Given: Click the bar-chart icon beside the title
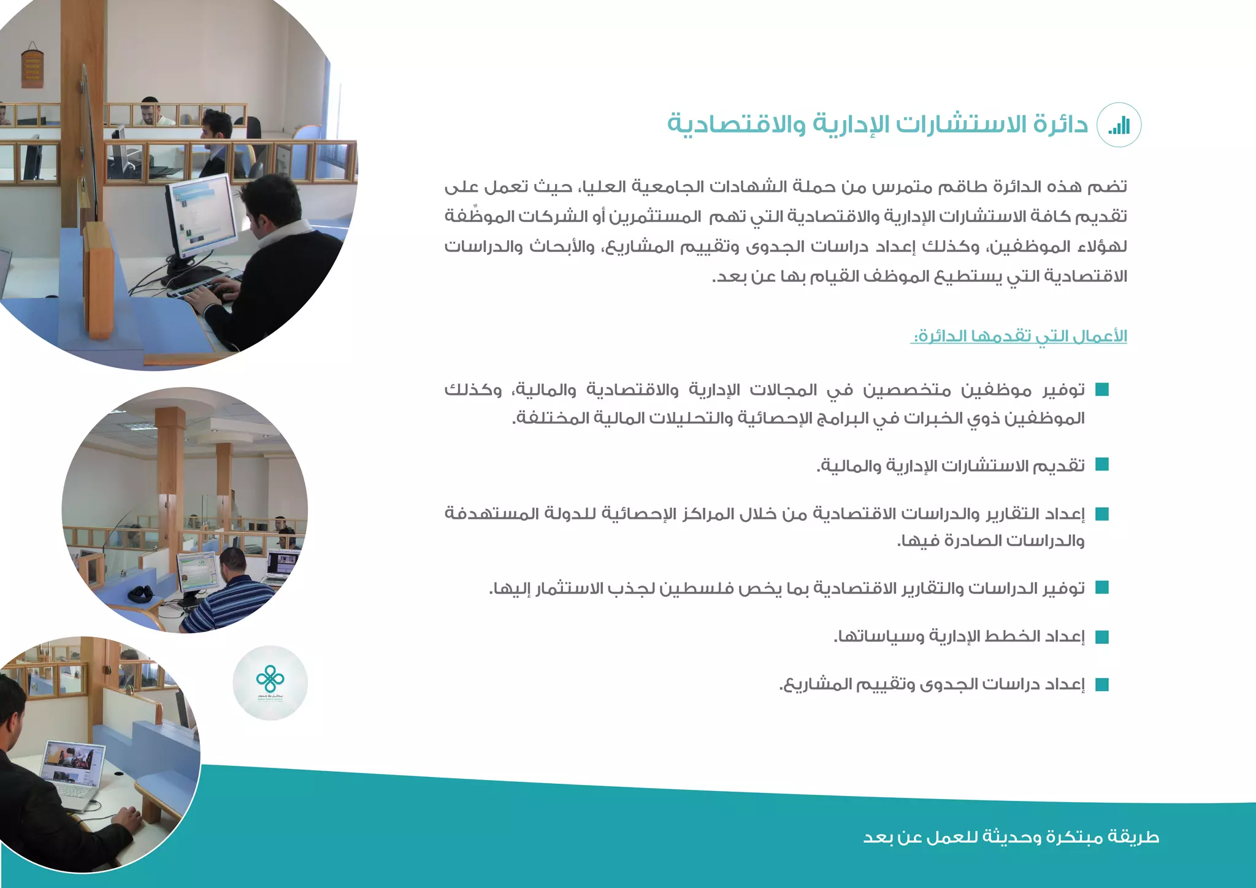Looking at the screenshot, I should click(1119, 125).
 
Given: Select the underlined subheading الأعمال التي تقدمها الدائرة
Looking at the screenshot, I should click(1019, 337).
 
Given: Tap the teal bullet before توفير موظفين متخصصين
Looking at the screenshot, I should click(1102, 390).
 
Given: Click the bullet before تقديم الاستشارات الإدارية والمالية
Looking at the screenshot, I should click(1102, 465).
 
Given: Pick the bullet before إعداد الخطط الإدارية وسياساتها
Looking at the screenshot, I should click(1102, 637).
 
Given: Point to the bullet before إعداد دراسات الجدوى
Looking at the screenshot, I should click(1102, 684).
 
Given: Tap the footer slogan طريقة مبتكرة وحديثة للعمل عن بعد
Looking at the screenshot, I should click(1011, 837).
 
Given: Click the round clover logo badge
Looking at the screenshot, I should click(270, 683).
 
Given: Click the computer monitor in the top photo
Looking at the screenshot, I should click(201, 216).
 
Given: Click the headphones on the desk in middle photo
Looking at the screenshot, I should click(141, 594).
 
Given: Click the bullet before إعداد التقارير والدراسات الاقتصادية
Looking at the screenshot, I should click(1102, 514).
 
